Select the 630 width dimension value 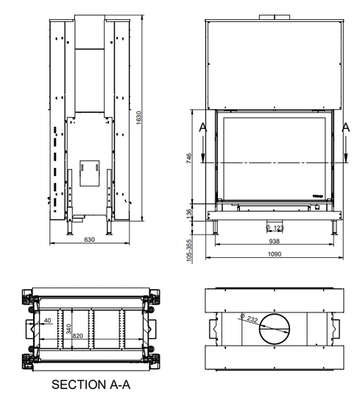coord(91,240)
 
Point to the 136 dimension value coord(189,212)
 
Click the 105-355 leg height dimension coord(189,251)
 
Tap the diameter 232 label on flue coord(250,318)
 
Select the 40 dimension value coord(48,321)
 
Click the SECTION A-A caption coord(91,384)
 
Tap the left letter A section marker coord(204,126)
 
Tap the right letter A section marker coord(347,126)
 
